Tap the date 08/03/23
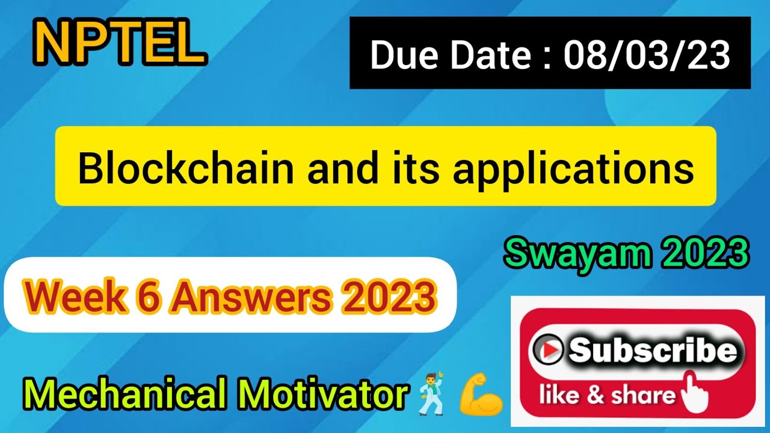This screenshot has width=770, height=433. point(647,55)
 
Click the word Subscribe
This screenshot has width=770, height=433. point(652,351)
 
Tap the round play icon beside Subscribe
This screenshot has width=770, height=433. point(547,349)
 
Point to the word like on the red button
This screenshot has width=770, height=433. point(558,395)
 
